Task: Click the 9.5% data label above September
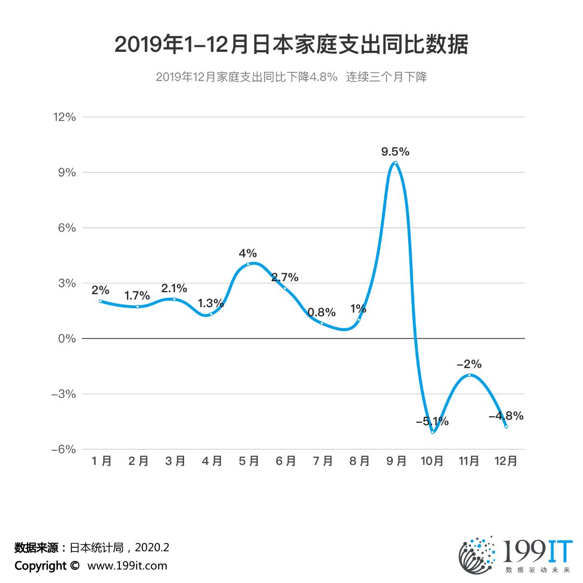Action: (395, 152)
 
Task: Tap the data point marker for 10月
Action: (432, 432)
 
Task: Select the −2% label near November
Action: (469, 364)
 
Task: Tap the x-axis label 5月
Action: (248, 461)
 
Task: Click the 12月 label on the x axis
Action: (506, 461)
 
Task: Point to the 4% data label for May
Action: (248, 253)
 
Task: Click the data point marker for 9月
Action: (396, 162)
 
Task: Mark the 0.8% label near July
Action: (321, 312)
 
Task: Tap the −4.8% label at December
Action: (506, 416)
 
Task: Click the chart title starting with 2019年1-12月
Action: (291, 45)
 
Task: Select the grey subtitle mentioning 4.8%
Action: (291, 77)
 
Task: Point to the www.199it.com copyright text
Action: (127, 566)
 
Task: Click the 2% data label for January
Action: (100, 290)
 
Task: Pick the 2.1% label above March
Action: (174, 288)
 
